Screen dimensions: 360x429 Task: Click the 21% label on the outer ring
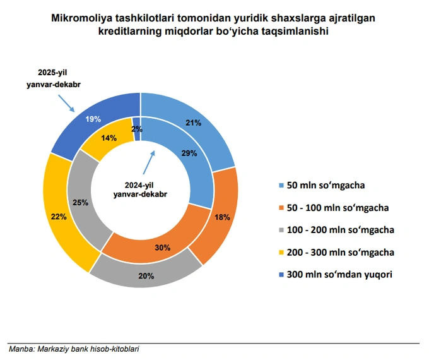coord(193,123)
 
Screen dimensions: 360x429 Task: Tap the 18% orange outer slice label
coord(222,217)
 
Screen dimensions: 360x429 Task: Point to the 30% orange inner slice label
coord(163,248)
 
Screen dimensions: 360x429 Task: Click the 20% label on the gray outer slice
coord(146,275)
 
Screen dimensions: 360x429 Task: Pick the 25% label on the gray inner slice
coord(80,203)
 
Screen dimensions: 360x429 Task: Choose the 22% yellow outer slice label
coord(58,217)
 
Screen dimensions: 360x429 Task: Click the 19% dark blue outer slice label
coord(94,119)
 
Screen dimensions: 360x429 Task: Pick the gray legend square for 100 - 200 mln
coord(281,230)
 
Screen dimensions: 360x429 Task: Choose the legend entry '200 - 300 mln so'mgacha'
coord(341,252)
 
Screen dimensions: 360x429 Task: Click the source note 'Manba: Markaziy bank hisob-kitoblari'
coord(74,349)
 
